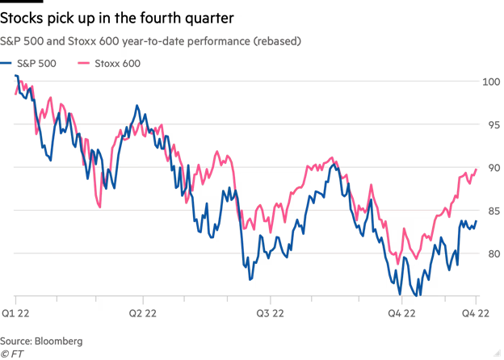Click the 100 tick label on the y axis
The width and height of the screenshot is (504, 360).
click(492, 82)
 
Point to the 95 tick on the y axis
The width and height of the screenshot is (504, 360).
click(492, 124)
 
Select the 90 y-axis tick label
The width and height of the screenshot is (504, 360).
click(492, 168)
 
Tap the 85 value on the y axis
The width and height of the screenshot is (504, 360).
click(492, 211)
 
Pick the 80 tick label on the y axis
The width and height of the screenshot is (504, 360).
click(492, 253)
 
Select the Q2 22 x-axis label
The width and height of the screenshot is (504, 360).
click(142, 312)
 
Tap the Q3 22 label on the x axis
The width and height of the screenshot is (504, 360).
click(268, 312)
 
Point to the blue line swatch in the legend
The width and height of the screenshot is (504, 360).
click(7, 63)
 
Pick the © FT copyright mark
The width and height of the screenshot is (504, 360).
click(11, 354)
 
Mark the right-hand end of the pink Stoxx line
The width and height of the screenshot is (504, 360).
click(477, 170)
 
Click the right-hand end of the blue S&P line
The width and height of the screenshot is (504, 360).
click(477, 221)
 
